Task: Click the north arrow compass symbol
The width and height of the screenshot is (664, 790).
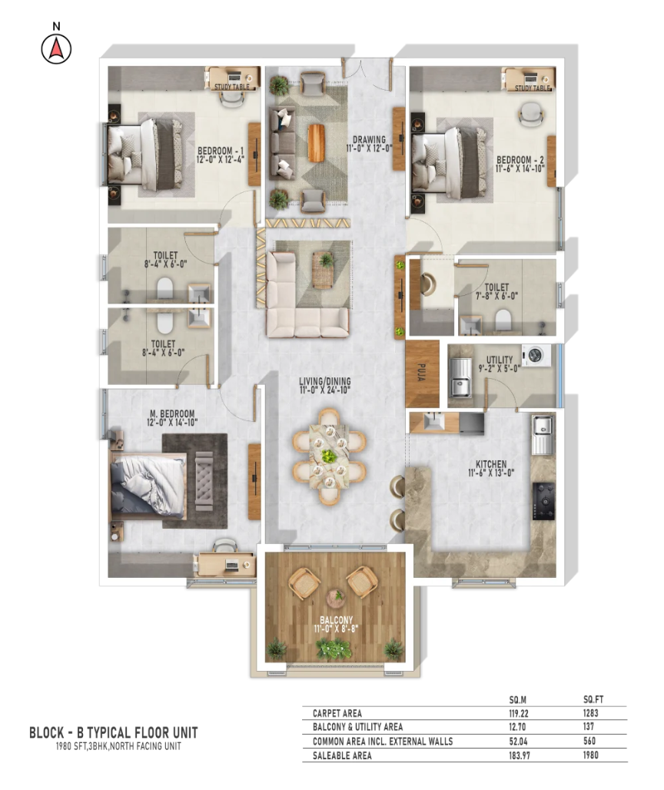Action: [x=56, y=49]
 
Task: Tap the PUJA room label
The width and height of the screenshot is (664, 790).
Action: [x=422, y=372]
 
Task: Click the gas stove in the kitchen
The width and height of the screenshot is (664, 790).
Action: [x=544, y=501]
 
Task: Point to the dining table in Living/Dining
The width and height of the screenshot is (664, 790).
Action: [x=330, y=457]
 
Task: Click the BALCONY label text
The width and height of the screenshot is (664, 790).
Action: [x=336, y=619]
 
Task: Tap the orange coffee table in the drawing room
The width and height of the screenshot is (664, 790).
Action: [x=317, y=143]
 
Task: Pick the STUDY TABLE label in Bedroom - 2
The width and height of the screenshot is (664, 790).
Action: [x=533, y=88]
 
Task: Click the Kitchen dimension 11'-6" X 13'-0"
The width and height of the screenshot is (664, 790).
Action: [x=491, y=473]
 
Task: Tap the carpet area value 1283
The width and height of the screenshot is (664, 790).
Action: [x=590, y=713]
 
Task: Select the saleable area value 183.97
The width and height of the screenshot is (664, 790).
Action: [x=519, y=755]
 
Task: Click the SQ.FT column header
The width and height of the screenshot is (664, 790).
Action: [x=593, y=699]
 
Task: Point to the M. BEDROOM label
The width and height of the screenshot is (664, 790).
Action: [x=172, y=413]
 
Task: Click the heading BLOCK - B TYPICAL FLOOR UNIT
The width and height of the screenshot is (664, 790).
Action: [x=113, y=732]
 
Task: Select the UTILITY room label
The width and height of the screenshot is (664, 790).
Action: [x=500, y=360]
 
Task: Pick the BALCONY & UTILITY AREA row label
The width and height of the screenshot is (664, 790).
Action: [x=357, y=727]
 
